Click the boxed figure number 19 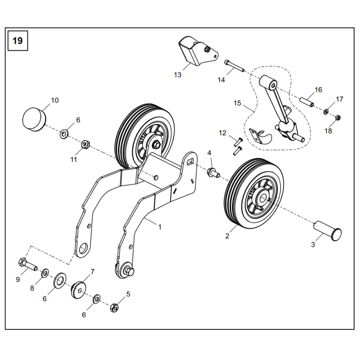(x=17, y=40)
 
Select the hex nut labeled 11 (x=85, y=145)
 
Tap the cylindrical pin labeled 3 (x=327, y=232)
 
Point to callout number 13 (x=178, y=75)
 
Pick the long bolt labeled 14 (x=234, y=67)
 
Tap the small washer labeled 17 (x=326, y=112)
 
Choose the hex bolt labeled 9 (x=27, y=265)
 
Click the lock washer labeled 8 (x=45, y=274)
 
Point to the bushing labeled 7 (x=78, y=289)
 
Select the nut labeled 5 (x=114, y=307)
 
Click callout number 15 (x=237, y=103)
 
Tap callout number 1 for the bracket (x=160, y=227)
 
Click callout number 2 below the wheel (x=227, y=236)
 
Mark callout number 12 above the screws (x=222, y=133)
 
